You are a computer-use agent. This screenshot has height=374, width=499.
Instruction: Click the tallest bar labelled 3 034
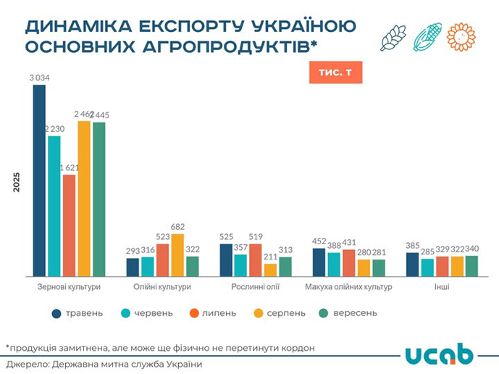tap(39, 180)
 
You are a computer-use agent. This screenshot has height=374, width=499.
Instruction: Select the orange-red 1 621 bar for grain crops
tap(69, 225)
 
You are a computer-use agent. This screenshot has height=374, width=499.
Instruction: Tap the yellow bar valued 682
tap(177, 254)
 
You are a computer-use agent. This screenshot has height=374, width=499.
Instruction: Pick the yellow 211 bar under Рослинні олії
tap(270, 270)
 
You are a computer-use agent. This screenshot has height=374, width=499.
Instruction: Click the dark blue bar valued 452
tap(319, 262)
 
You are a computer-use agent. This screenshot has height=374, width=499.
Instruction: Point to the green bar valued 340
tap(471, 265)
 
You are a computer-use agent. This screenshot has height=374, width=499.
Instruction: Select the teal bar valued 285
tap(427, 267)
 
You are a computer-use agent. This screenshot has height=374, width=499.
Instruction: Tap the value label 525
tap(226, 237)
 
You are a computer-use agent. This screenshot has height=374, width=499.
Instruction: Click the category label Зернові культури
tap(69, 287)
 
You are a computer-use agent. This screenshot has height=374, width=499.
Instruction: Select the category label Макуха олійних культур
tap(349, 287)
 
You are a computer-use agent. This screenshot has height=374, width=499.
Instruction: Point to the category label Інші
tap(442, 287)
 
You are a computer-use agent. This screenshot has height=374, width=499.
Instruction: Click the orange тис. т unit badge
tap(335, 73)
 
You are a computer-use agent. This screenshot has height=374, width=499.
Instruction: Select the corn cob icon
tap(427, 37)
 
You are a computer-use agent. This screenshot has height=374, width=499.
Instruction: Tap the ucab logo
tap(439, 354)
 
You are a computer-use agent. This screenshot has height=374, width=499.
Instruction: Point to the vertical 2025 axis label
tap(16, 181)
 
